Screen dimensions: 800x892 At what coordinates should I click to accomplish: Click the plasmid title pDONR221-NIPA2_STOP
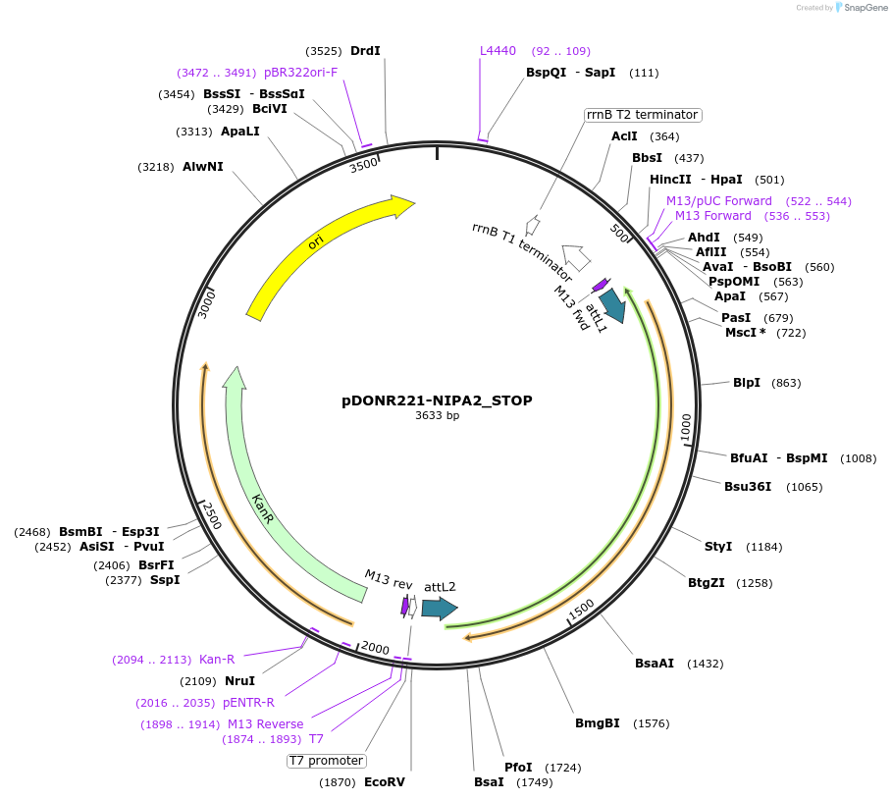[437, 400]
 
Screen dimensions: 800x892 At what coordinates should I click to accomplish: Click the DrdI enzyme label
[365, 51]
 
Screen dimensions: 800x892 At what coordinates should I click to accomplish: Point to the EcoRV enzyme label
[384, 782]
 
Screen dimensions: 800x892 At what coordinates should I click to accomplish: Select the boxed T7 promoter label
[327, 761]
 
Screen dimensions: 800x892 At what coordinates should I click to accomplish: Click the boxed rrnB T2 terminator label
[642, 115]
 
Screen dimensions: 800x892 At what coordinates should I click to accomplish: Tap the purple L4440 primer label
[498, 51]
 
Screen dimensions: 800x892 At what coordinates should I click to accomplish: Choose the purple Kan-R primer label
[217, 660]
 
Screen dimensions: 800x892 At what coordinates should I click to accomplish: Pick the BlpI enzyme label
[747, 382]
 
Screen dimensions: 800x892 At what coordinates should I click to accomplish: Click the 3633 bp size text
[437, 416]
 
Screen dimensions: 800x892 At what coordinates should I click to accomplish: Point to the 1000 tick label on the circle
[686, 427]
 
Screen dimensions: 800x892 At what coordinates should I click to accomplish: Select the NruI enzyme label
[239, 680]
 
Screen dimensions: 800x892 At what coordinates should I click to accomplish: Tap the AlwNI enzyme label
[203, 167]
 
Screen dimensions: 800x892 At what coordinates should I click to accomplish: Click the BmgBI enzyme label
[598, 723]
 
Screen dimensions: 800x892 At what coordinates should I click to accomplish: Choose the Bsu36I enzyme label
[748, 486]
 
